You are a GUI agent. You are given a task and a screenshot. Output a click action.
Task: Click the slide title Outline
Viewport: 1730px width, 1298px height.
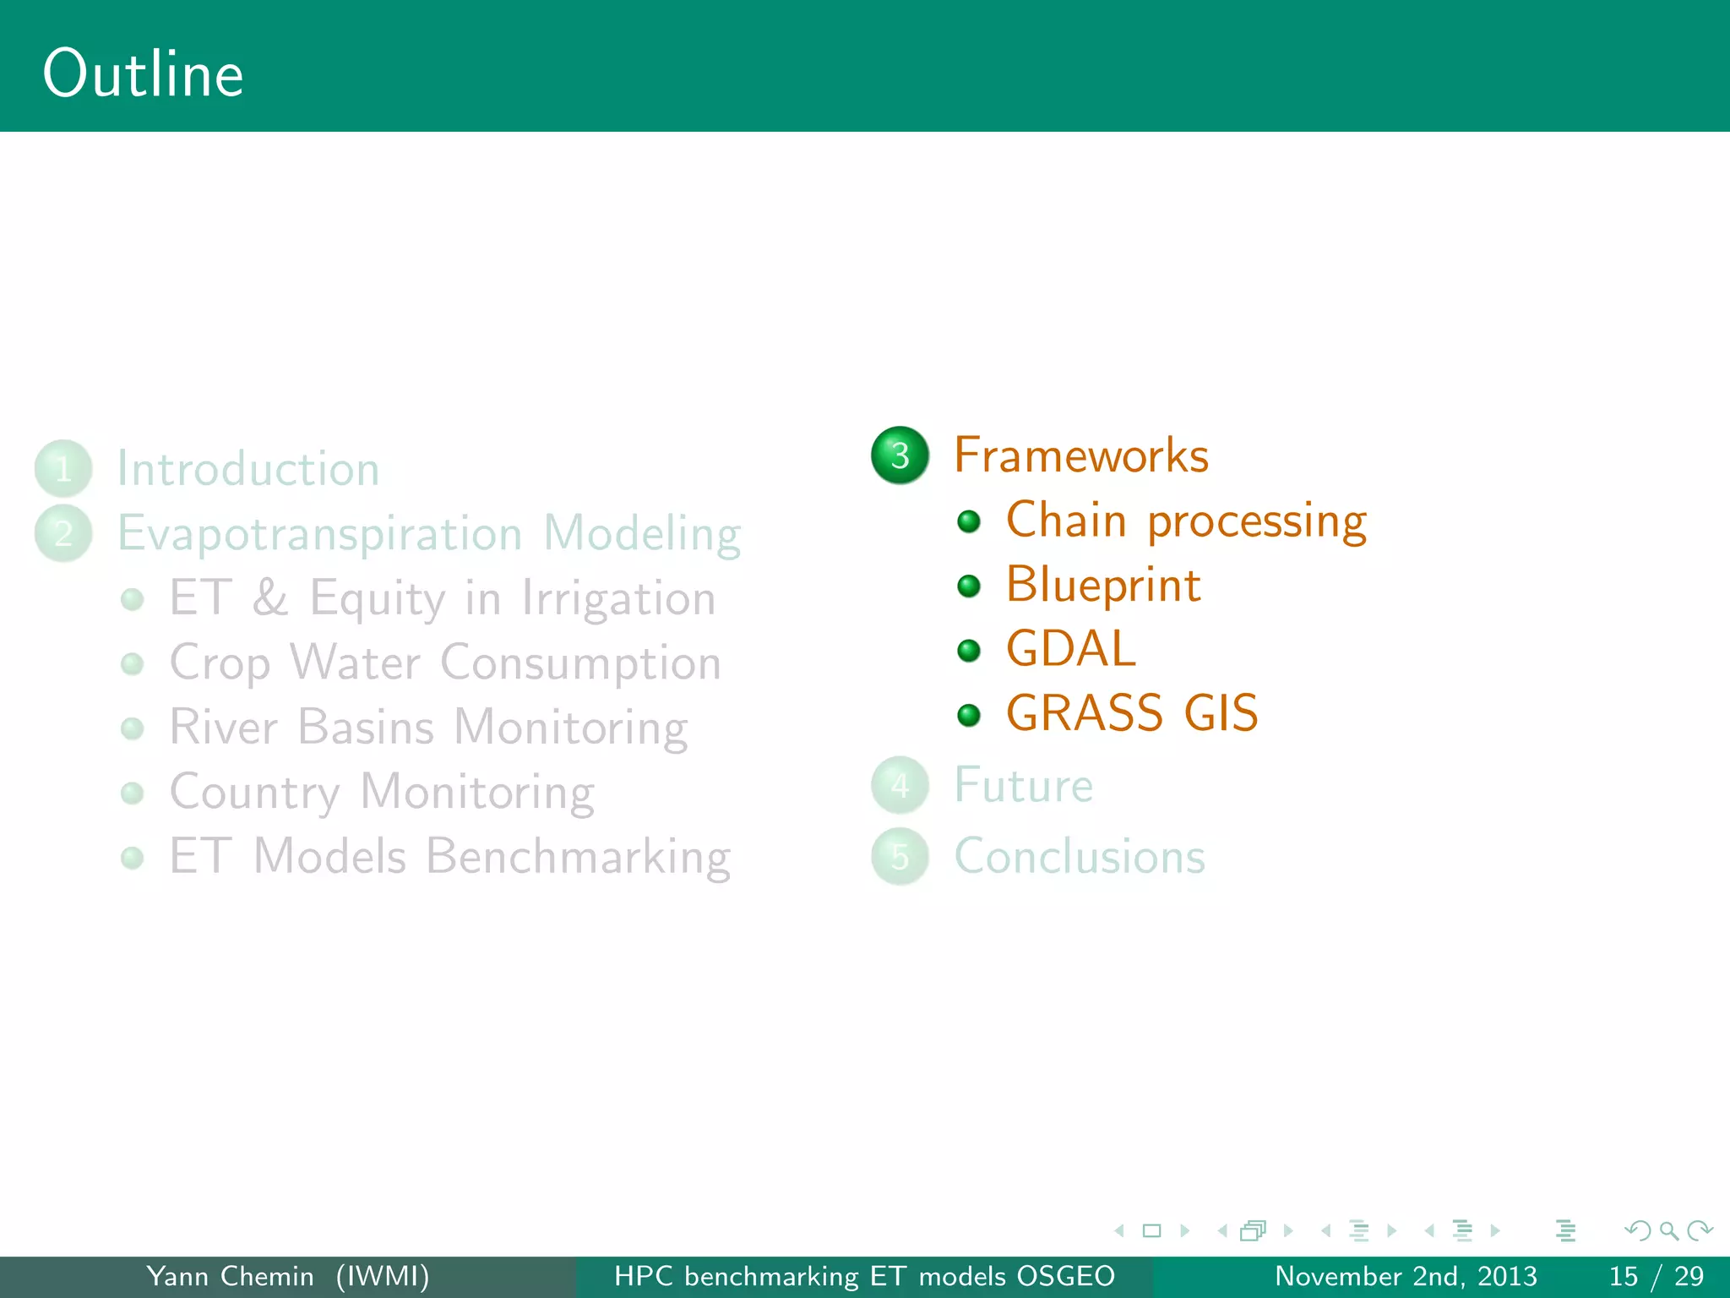[x=143, y=74]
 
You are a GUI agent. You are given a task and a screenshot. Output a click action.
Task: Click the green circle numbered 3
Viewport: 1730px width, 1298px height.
[x=900, y=455]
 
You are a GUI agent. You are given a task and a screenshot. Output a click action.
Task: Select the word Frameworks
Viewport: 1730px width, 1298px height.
[x=1081, y=455]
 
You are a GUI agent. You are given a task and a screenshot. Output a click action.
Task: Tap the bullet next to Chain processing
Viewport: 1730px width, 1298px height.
[x=969, y=521]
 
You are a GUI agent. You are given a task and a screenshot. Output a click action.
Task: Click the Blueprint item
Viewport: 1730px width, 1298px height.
[x=1103, y=585]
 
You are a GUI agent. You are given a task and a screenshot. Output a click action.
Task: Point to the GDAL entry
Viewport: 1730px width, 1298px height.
[x=1070, y=649]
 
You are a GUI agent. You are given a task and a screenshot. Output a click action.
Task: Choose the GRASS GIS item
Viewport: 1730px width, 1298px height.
[x=1132, y=713]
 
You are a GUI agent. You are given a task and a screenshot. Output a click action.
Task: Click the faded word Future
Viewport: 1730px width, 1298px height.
[x=1023, y=785]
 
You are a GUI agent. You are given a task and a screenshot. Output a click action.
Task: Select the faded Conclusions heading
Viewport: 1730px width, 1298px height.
[x=1079, y=856]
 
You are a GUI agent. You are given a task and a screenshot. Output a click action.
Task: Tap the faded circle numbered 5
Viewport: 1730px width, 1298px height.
[x=900, y=857]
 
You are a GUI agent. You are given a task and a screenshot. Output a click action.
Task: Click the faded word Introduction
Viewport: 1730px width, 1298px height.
[x=248, y=469]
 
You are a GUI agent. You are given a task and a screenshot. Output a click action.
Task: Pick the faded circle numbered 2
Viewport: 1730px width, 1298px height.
[x=63, y=533]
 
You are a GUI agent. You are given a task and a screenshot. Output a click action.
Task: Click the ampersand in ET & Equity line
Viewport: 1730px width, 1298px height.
[x=269, y=597]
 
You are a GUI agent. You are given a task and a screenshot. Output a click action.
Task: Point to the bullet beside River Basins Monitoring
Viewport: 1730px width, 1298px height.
[x=132, y=728]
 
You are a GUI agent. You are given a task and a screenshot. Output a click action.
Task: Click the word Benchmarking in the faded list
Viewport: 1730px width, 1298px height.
[x=578, y=857]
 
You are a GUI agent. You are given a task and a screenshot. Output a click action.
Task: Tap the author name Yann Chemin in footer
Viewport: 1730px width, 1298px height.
[x=230, y=1276]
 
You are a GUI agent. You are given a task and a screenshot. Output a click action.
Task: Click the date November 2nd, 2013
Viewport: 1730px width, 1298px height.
[x=1406, y=1276]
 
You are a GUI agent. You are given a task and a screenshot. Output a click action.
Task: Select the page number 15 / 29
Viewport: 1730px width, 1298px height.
[x=1656, y=1276]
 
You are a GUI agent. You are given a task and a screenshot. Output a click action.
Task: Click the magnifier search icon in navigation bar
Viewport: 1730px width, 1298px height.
[x=1668, y=1230]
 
